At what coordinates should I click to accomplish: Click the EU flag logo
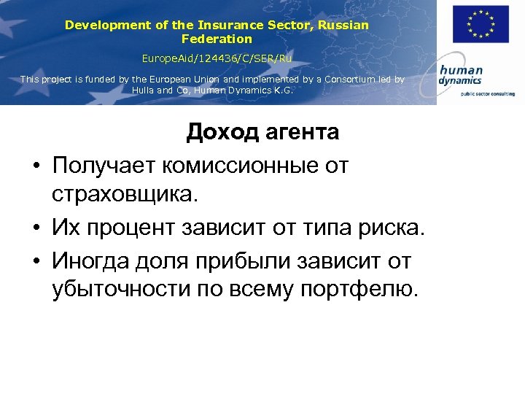click(x=481, y=24)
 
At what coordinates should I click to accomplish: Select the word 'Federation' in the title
click(x=217, y=39)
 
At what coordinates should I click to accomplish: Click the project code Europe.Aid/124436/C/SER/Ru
click(x=217, y=57)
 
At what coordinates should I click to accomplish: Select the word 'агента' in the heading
click(x=300, y=132)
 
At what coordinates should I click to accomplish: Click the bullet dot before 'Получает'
click(x=36, y=166)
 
